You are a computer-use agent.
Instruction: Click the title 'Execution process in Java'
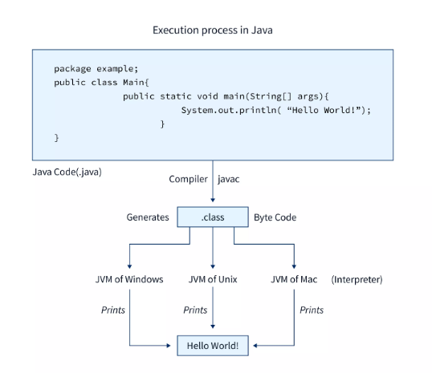[x=213, y=30]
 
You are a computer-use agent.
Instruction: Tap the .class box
[x=213, y=217]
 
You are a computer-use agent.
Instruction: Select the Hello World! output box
[x=213, y=346]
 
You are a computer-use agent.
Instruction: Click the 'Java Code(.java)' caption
[x=67, y=172]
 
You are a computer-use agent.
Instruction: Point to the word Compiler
[x=188, y=179]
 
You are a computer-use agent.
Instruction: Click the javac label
[x=228, y=179]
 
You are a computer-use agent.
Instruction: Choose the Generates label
[x=148, y=217]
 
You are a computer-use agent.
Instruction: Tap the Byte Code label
[x=275, y=217]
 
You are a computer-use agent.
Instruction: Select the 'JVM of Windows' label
[x=129, y=279]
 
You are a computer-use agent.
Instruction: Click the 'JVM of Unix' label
[x=213, y=279]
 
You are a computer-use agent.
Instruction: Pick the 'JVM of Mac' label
[x=294, y=279]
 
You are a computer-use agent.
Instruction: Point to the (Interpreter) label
[x=357, y=280]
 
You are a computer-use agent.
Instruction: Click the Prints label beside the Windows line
[x=113, y=310]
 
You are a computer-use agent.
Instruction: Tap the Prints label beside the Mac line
[x=312, y=310]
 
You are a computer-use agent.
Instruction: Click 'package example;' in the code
[x=96, y=68]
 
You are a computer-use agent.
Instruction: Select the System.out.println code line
[x=276, y=110]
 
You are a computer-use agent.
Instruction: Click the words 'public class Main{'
[x=101, y=83]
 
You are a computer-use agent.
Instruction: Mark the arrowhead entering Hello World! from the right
[x=255, y=346]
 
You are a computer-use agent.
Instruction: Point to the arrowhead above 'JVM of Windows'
[x=129, y=266]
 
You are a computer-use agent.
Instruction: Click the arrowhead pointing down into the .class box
[x=213, y=200]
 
